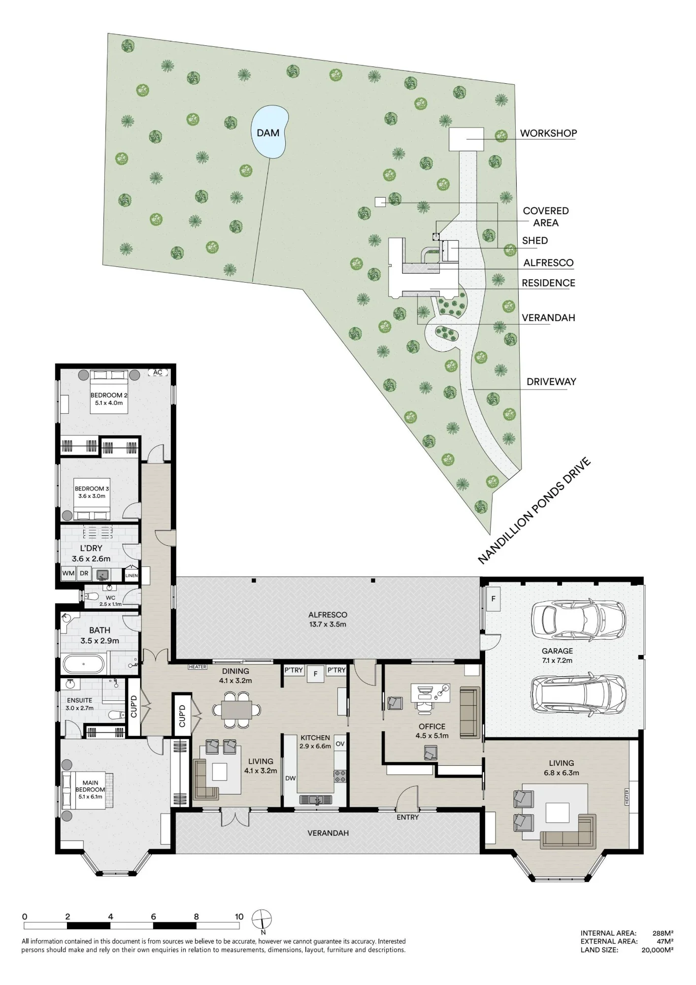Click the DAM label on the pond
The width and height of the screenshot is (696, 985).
[x=268, y=133]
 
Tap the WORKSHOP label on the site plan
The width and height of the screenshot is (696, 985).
[x=548, y=133]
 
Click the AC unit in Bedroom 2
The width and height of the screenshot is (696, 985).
[x=158, y=372]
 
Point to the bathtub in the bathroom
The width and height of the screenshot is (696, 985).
[x=84, y=664]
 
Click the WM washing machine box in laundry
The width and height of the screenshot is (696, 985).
[x=68, y=573]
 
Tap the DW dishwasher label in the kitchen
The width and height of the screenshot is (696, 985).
[x=291, y=778]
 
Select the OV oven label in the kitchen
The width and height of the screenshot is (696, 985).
[x=340, y=744]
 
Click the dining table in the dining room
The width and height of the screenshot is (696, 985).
[x=236, y=710]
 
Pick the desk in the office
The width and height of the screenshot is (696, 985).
[x=431, y=692]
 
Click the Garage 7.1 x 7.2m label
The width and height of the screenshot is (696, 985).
[x=557, y=656]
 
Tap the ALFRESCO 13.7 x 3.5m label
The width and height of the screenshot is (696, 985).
[x=328, y=619]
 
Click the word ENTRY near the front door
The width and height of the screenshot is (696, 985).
[x=408, y=817]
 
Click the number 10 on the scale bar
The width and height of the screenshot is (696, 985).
[x=239, y=917]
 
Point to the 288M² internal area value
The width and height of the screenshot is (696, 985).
[x=663, y=933]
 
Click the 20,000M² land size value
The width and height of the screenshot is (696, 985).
[x=658, y=950]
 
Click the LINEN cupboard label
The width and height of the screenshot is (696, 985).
[x=132, y=575]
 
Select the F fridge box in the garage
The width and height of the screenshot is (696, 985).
[x=493, y=599]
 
